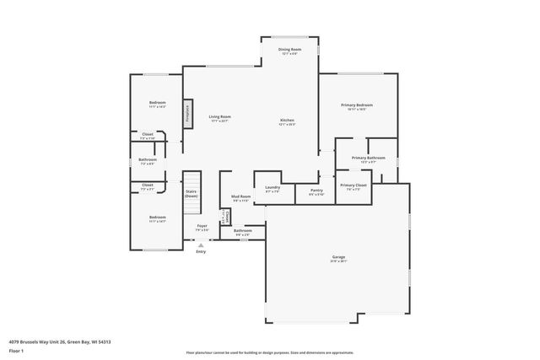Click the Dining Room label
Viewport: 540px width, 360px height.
290,49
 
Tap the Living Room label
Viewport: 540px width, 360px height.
220,116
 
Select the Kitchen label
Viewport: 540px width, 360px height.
288,120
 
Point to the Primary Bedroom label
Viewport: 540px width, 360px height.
357,105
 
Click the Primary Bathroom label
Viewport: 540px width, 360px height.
369,158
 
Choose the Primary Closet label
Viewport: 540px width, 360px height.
354,185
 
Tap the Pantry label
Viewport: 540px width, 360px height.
316,191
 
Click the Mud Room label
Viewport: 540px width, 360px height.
241,196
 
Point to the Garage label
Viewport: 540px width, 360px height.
338,256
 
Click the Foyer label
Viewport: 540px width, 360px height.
202,225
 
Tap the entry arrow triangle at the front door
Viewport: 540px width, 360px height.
200,244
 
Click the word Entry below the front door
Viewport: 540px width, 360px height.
200,251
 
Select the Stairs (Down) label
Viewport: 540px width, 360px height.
192,193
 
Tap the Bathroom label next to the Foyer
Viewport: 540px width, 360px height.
243,230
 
